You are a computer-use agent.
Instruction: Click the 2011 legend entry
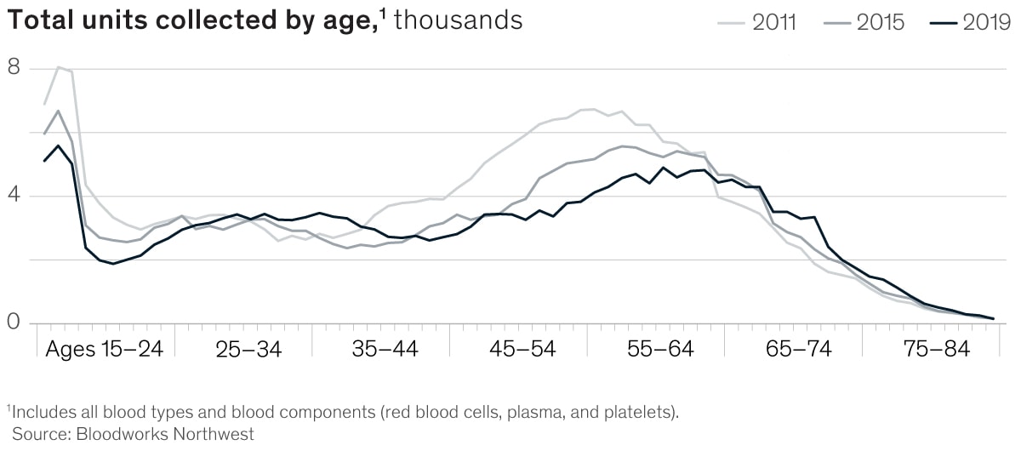coord(773,22)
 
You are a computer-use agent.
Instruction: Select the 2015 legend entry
coord(880,22)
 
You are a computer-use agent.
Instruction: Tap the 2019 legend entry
coord(986,22)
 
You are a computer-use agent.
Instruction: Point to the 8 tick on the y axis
coord(14,68)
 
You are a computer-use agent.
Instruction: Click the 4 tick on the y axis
coord(14,196)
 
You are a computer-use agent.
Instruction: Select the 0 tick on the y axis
coord(14,323)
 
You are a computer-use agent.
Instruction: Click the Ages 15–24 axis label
coord(104,350)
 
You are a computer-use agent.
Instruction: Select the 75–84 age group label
coord(934,350)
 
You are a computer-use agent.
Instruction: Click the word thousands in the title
coord(458,20)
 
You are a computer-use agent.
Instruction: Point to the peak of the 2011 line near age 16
coord(58,66)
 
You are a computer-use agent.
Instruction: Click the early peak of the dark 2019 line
coord(58,146)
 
